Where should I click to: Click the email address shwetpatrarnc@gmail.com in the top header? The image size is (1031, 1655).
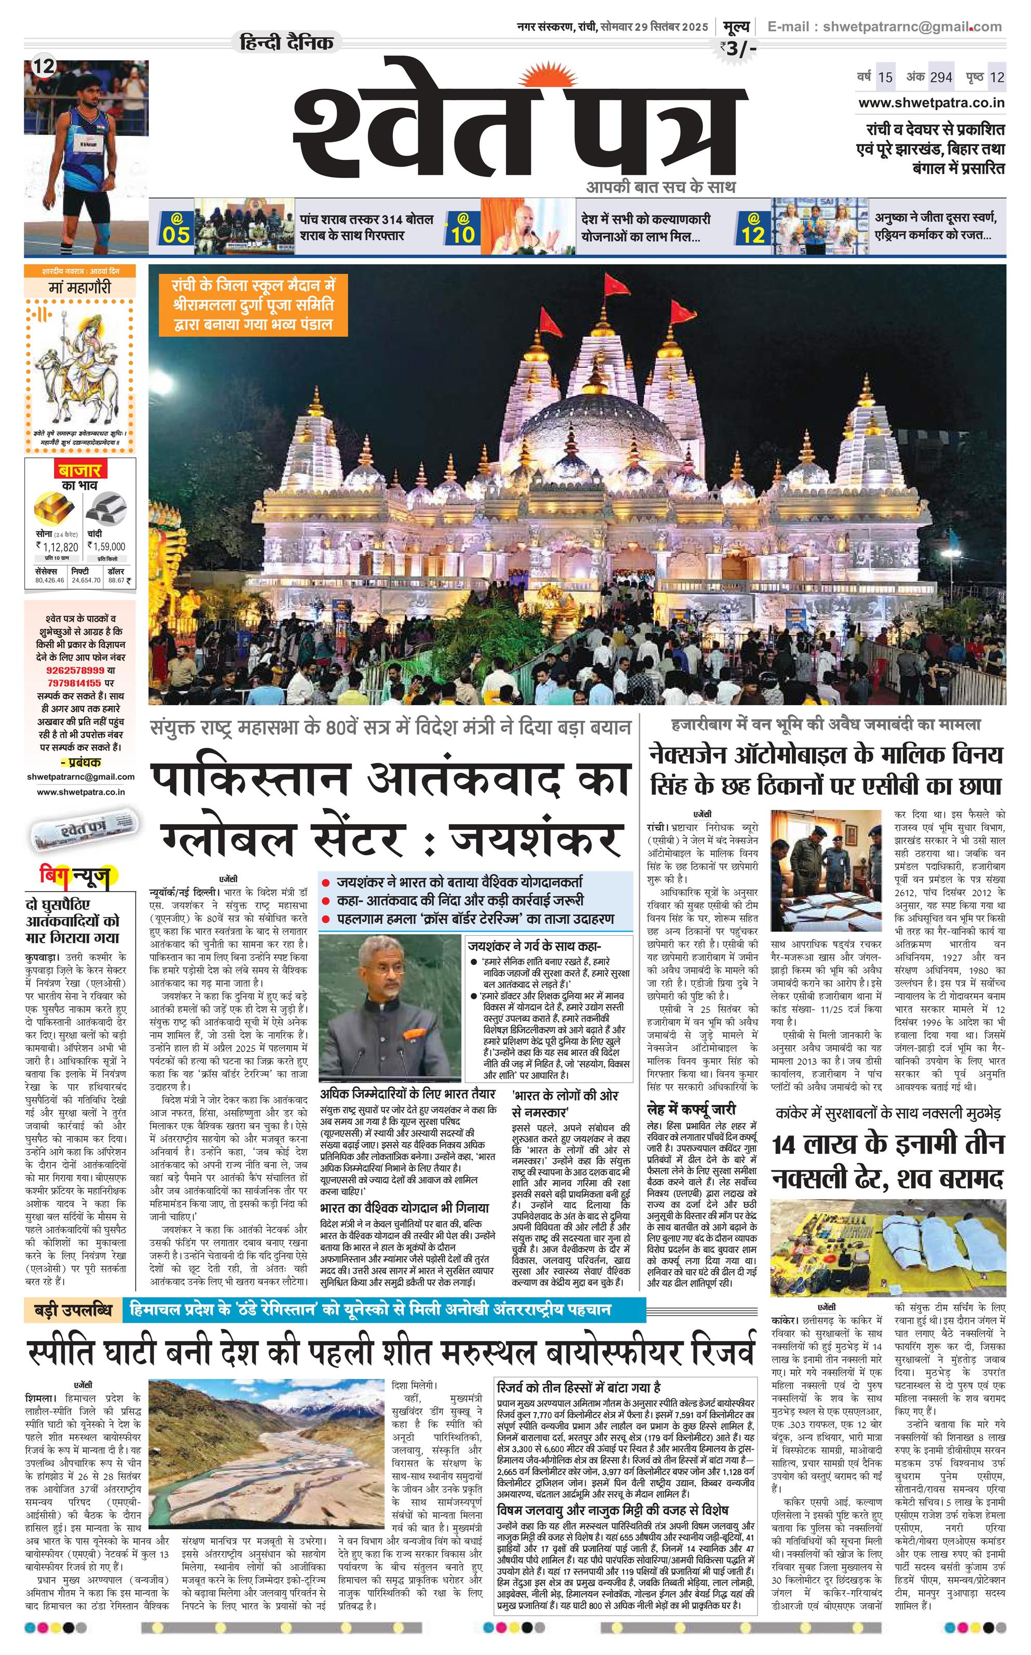pos(912,26)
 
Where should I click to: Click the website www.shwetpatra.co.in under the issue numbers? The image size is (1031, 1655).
pos(931,103)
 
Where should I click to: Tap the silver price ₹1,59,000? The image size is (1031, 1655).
pos(107,546)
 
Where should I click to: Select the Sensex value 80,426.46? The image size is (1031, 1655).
pos(49,580)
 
